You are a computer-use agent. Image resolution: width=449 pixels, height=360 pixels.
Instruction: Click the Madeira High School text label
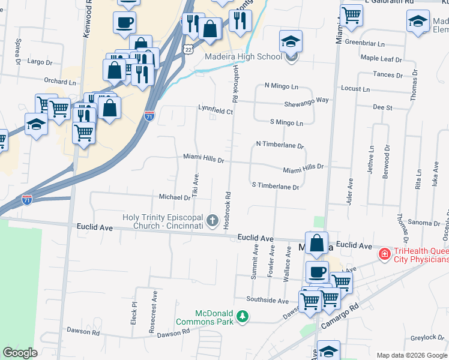[243, 57]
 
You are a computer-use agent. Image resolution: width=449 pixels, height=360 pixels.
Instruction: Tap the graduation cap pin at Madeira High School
[291, 42]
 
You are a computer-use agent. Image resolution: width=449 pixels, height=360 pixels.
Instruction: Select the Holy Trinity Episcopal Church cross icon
[212, 221]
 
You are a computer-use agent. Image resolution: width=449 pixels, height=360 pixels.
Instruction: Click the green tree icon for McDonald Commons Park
[242, 316]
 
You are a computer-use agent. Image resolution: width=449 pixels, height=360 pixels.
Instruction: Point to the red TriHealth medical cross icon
[384, 254]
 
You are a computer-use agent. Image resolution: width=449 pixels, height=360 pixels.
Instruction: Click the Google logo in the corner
[20, 353]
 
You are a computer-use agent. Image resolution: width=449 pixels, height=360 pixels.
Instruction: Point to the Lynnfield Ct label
[215, 110]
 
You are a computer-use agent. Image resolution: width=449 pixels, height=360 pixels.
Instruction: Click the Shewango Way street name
[306, 100]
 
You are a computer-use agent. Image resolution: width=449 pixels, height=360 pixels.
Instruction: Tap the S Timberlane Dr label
[275, 187]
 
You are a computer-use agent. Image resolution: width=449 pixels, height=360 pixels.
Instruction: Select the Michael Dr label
[174, 197]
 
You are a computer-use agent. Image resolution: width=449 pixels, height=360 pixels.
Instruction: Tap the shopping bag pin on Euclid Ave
[316, 244]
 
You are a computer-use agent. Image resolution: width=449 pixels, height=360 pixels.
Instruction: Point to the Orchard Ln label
[59, 81]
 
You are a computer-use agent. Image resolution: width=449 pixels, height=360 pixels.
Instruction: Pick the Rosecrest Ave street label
[154, 306]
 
